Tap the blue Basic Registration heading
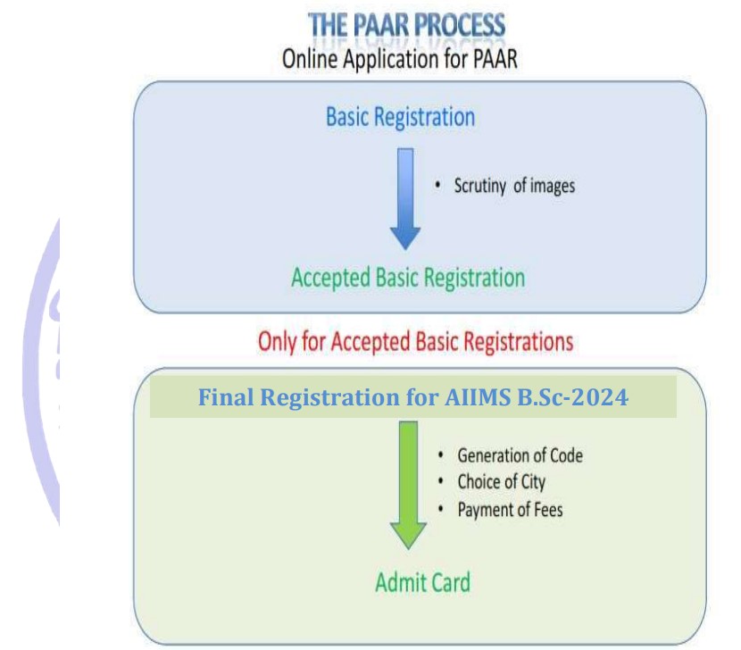point(400,117)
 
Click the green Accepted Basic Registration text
point(408,277)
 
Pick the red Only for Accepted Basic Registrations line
point(415,341)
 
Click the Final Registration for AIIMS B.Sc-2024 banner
point(413,397)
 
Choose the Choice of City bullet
point(501,482)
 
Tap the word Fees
point(545,510)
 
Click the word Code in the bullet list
point(563,455)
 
